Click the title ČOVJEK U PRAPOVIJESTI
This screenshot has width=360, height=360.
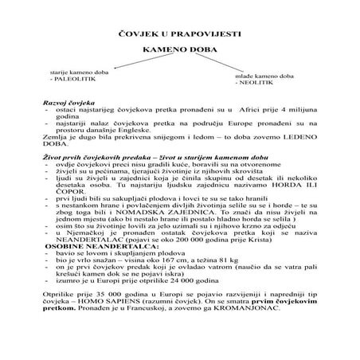(x=180, y=36)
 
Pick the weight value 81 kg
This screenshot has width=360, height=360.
(x=231, y=297)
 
